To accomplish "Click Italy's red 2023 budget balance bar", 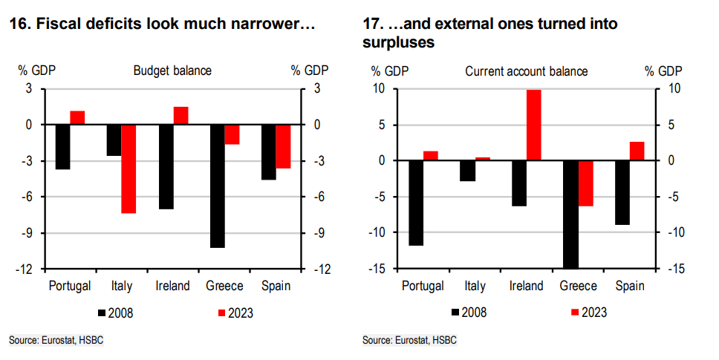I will point(128,169).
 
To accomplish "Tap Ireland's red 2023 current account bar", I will point(533,125).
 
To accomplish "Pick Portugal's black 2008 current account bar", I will point(416,203).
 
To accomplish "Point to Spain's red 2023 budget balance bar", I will point(283,147).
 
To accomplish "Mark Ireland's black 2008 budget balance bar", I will point(166,167).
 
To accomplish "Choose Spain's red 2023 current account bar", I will point(637,151).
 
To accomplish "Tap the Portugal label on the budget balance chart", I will point(69,286).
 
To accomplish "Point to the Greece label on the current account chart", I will point(579,286).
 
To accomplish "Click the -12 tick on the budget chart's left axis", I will point(26,269).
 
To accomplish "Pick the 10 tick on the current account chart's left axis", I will point(379,89).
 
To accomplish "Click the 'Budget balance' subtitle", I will point(172,71).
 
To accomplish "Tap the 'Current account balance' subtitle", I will point(527,71).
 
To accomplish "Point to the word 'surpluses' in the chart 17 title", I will point(398,44).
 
